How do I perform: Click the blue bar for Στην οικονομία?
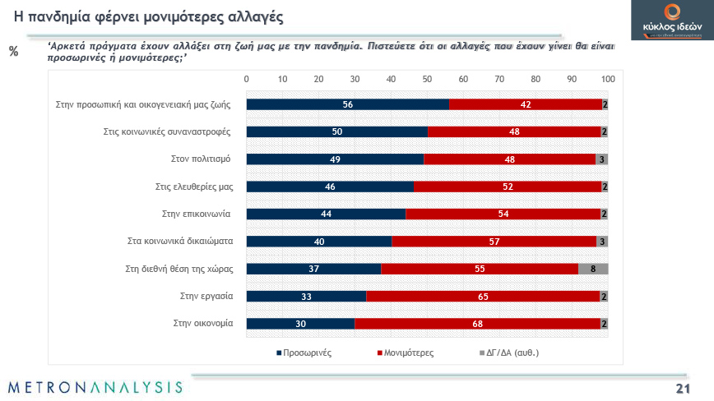coord(300,324)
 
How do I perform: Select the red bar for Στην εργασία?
coord(483,296)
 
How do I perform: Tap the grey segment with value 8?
coord(593,269)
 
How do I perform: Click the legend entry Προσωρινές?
coord(304,353)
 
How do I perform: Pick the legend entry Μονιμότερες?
coord(405,353)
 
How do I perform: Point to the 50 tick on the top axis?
coord(427,79)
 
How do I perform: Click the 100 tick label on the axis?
coord(608,79)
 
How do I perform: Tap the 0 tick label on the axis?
coord(247,79)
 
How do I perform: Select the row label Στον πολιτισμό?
coord(206,159)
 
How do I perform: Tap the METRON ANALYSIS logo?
coord(95,386)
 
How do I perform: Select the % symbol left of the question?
coord(13,52)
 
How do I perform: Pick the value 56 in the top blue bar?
coord(348,104)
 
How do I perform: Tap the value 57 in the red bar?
coord(494,242)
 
